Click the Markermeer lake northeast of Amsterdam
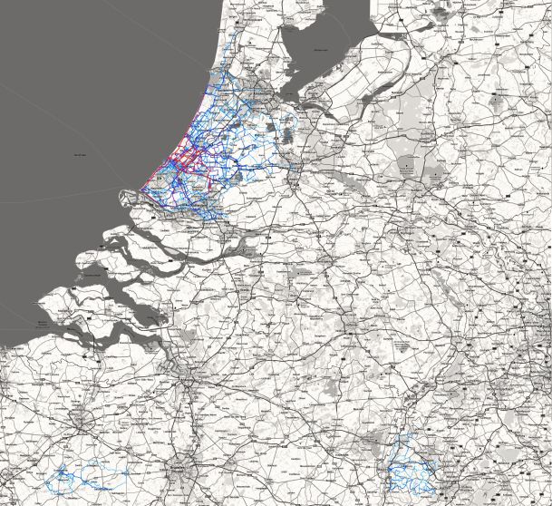[x=299, y=54]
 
